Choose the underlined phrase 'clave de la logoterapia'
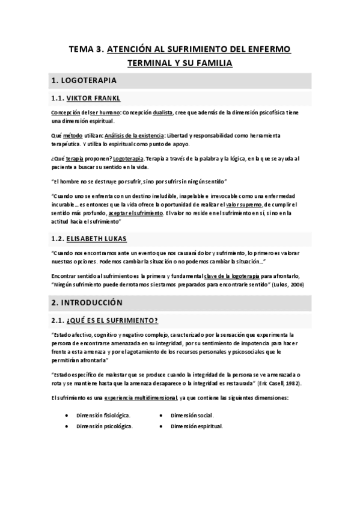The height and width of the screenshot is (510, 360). (218, 276)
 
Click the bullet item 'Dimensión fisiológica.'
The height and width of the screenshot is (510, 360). (103, 415)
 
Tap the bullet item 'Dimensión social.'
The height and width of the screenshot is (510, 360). (192, 415)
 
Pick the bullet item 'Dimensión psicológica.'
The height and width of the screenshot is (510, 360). (105, 426)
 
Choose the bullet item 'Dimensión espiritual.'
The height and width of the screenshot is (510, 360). (197, 426)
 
